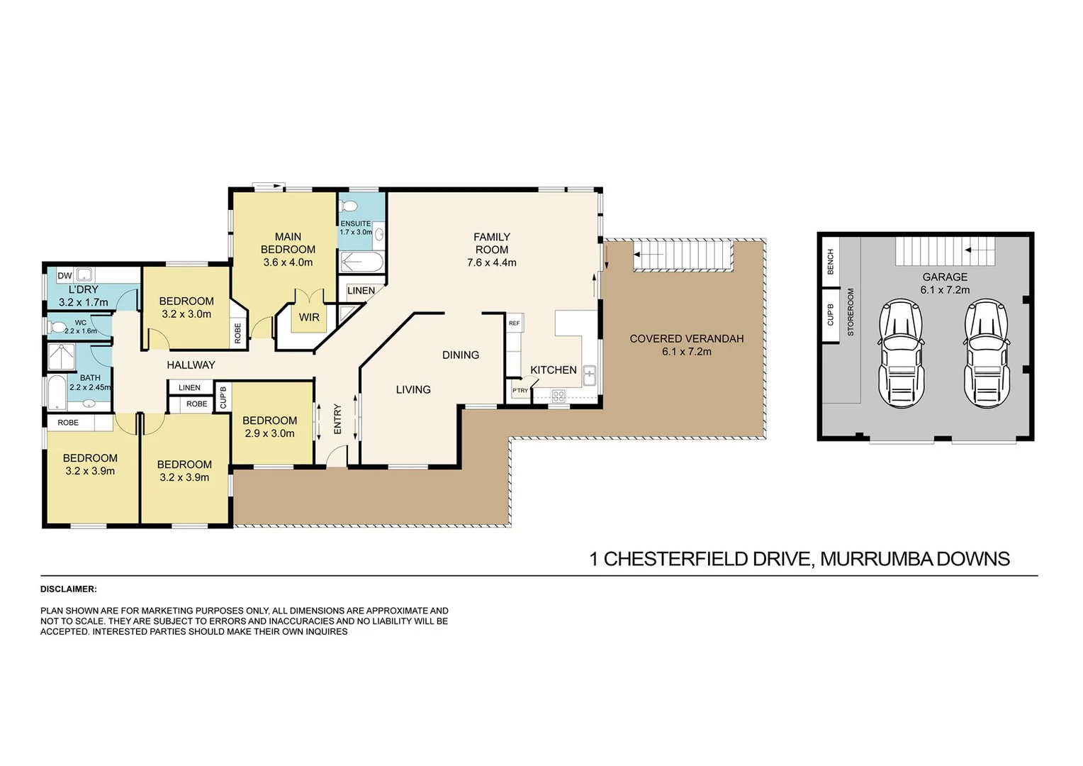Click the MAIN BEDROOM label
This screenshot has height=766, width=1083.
coord(288,243)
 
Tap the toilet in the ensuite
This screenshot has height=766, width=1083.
coord(348,206)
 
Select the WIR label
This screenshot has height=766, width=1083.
coord(309,318)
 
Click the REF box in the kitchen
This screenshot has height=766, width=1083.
coord(515,323)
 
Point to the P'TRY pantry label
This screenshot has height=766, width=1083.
coord(520,391)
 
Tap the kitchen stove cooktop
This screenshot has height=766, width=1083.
coord(559,396)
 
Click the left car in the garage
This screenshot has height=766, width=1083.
coord(901,353)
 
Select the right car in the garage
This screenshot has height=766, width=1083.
coord(987,353)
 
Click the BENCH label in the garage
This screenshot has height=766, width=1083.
coord(831,262)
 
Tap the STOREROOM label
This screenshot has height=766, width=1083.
coord(851,312)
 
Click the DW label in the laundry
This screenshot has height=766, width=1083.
coord(64,276)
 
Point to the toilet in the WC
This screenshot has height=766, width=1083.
coord(57,328)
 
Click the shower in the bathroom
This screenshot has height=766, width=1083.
coord(62,357)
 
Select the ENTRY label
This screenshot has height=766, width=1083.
coord(337,418)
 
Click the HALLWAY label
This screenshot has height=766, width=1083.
coord(191,365)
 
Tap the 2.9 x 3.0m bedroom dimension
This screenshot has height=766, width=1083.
coord(269,433)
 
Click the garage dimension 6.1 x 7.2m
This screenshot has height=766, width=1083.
coord(945,290)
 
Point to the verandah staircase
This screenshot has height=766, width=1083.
coord(683,255)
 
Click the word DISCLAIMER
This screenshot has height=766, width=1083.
coord(69,589)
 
